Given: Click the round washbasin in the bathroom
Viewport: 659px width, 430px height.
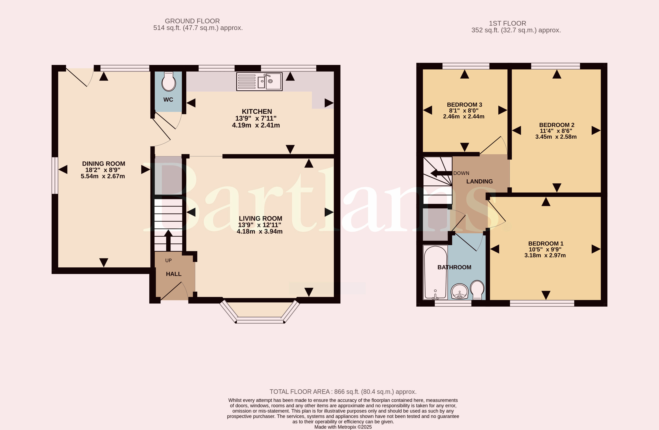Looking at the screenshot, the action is tap(460, 292).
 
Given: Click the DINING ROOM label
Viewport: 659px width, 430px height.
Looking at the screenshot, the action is tap(104, 164).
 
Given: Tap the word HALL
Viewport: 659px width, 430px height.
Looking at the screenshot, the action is tap(174, 274).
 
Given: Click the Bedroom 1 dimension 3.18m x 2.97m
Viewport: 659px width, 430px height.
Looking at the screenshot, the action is tap(545, 255).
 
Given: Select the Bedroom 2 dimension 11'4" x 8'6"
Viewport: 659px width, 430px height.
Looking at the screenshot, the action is tap(556, 131).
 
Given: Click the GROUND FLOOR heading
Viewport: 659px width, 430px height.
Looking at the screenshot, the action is tap(192, 21).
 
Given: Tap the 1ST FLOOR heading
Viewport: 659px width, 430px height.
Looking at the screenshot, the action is tap(508, 23).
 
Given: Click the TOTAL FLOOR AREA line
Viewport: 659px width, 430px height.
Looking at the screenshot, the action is tap(343, 392).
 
